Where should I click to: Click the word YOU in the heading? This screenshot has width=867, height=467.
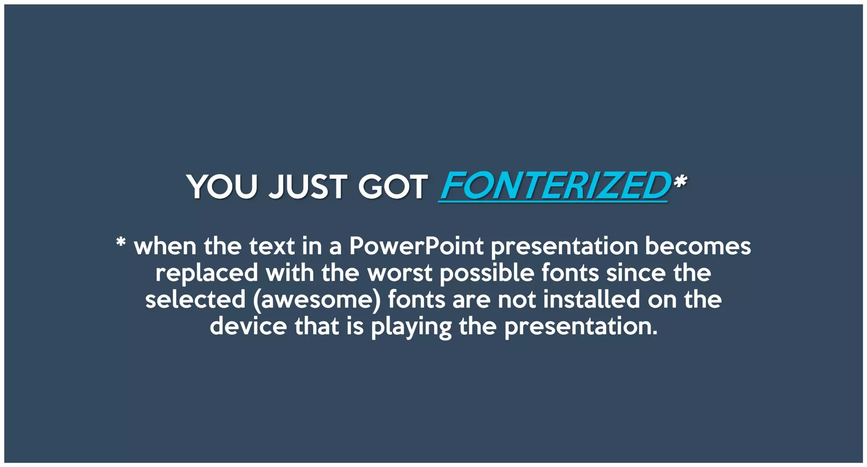pyautogui.click(x=222, y=187)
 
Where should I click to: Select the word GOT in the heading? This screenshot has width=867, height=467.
pyautogui.click(x=393, y=187)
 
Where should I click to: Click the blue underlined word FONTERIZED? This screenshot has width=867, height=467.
pyautogui.click(x=555, y=186)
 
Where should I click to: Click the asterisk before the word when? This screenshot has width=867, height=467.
pyautogui.click(x=121, y=243)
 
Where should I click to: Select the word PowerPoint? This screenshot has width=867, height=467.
pyautogui.click(x=416, y=246)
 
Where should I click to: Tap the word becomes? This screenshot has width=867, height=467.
pyautogui.click(x=698, y=246)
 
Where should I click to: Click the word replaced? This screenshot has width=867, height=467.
pyautogui.click(x=207, y=273)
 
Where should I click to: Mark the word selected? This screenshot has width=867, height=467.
pyautogui.click(x=195, y=300)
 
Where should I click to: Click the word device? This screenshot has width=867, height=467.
pyautogui.click(x=248, y=326)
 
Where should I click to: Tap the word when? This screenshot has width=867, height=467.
pyautogui.click(x=165, y=246)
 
